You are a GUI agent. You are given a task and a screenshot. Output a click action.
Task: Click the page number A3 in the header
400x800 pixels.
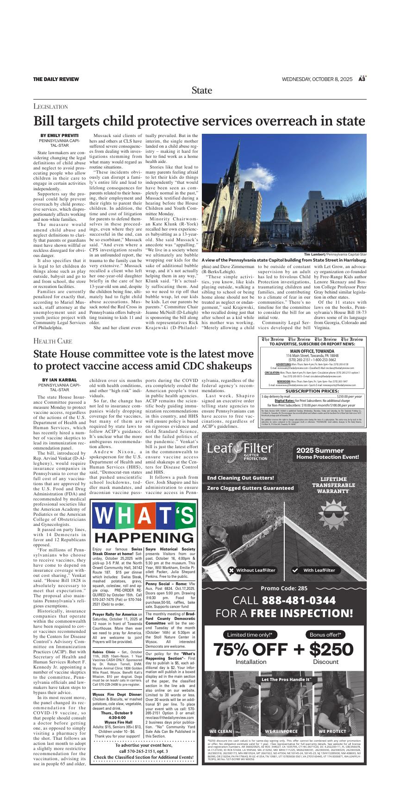(362, 79)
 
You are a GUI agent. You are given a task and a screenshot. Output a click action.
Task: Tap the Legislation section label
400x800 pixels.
(51, 106)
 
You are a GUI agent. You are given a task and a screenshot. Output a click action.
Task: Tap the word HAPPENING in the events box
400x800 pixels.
(144, 537)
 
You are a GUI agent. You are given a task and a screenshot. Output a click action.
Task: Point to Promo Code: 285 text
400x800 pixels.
(284, 588)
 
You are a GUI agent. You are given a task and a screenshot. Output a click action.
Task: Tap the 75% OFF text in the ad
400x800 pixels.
(250, 650)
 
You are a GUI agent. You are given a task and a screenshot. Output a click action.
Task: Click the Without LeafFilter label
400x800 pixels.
(252, 570)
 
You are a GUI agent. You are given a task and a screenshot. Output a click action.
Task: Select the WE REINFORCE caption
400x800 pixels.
(281, 731)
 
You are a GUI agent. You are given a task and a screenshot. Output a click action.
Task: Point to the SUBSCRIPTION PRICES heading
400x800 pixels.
(312, 391)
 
